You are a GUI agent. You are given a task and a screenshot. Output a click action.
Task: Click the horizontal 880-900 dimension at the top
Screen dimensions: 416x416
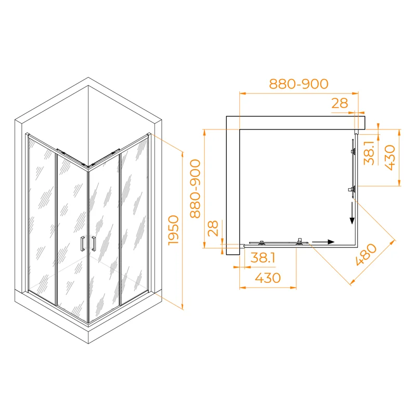[x=298, y=84]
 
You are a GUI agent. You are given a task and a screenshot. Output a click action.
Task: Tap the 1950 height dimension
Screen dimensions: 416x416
[x=174, y=230]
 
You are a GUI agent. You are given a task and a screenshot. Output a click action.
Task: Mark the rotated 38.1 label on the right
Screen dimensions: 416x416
[x=369, y=153]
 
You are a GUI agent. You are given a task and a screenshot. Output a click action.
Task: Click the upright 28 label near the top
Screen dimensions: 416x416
[x=339, y=103]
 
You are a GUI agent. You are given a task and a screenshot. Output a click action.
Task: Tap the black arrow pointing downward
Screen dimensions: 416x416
[x=352, y=214]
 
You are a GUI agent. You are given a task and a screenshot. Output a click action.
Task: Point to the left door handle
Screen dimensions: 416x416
[x=82, y=244]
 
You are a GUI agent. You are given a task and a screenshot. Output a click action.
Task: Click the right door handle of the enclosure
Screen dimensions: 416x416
[x=94, y=244]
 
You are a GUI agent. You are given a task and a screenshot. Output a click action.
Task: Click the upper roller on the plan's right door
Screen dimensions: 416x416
[x=354, y=151]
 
